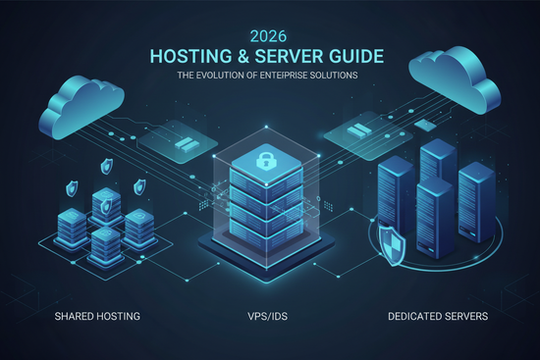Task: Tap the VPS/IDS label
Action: [270, 316]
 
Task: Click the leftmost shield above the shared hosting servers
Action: [75, 185]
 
